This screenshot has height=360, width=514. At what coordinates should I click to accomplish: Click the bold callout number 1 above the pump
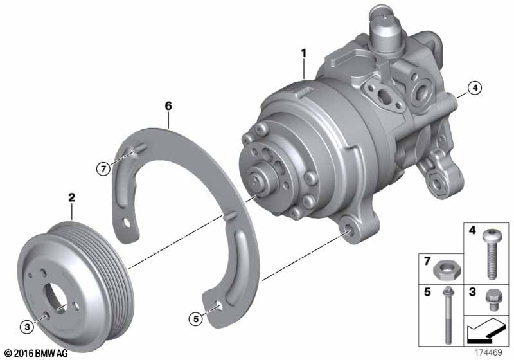(x=303, y=51)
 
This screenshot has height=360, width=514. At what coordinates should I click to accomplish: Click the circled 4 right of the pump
(x=474, y=89)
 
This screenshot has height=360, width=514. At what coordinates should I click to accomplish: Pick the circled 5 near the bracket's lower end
(x=195, y=317)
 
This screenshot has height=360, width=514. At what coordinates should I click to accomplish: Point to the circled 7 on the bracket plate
(x=101, y=169)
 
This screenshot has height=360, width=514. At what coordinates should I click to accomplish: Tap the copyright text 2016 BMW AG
(x=36, y=353)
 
